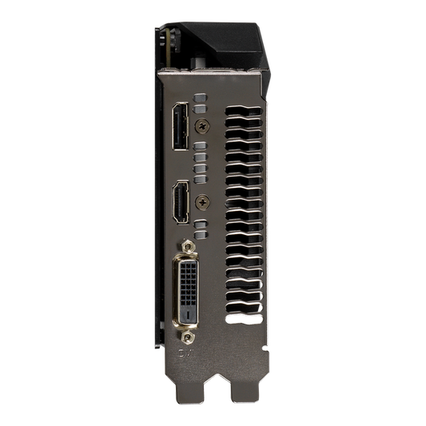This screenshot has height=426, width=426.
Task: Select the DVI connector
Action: click(x=187, y=285)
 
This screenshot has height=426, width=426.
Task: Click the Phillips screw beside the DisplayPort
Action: click(x=207, y=125)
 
